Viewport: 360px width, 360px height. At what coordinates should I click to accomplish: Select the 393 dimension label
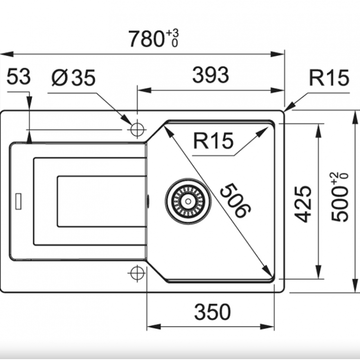click(211, 75)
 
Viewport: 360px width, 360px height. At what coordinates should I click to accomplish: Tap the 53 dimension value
click(18, 76)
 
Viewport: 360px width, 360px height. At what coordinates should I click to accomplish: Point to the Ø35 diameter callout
click(73, 77)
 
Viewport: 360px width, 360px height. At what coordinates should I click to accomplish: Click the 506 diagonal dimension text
click(235, 200)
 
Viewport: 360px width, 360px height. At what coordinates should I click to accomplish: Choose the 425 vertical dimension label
click(303, 204)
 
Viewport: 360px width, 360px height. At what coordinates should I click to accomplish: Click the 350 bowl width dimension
click(212, 311)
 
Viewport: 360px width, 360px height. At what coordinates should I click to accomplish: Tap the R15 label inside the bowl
click(213, 140)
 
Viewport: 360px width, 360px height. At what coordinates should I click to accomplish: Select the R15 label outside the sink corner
click(329, 77)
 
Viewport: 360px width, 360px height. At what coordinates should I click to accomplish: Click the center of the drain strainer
click(188, 201)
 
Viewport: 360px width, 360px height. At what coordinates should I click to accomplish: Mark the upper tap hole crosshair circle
click(137, 130)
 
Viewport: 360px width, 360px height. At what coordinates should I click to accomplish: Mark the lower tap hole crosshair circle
click(137, 273)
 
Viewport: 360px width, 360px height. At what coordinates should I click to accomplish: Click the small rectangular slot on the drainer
click(18, 201)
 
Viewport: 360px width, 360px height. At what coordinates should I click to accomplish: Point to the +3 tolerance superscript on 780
click(172, 33)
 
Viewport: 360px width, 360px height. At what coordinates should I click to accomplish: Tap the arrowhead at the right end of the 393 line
click(278, 90)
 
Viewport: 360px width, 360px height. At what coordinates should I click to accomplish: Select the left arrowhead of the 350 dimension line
click(154, 327)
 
